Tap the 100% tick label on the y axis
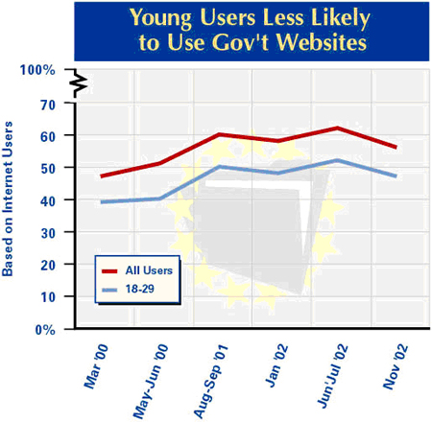pyautogui.click(x=37, y=70)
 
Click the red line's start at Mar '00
pyautogui.click(x=102, y=176)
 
